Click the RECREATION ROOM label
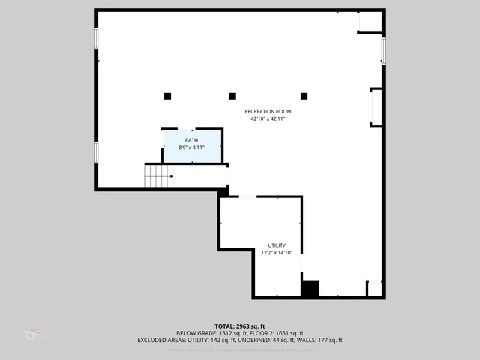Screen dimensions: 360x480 click(268, 111)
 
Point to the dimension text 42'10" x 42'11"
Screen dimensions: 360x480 click(268, 118)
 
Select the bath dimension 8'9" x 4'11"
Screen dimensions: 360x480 click(192, 148)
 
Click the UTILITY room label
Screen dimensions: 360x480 click(277, 245)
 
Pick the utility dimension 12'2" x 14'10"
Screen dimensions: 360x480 click(277, 253)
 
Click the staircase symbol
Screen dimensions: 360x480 click(159, 177)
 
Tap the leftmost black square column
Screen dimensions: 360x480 click(167, 96)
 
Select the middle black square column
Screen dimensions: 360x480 click(232, 96)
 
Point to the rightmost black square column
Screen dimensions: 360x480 click(304, 96)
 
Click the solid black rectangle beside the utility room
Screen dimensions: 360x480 click(310, 289)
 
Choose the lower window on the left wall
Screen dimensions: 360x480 click(96, 152)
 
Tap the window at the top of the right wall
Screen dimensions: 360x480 click(383, 50)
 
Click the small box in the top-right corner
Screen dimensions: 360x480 click(370, 22)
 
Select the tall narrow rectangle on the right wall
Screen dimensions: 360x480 click(376, 106)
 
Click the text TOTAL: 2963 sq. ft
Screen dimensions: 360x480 click(240, 325)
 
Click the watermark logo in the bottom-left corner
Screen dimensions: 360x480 click(31, 333)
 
